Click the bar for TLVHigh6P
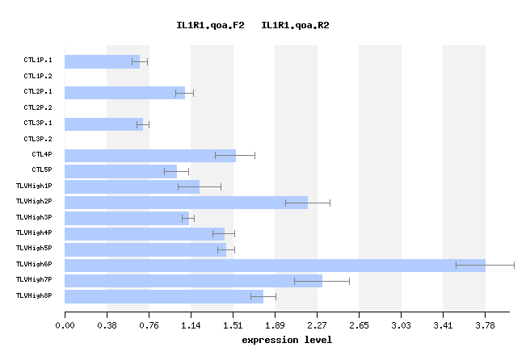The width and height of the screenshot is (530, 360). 275,265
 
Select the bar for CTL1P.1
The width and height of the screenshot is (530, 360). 102,61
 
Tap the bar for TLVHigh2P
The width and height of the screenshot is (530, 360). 186,202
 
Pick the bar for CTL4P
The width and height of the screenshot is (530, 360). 150,155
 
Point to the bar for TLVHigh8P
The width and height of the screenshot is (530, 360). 164,296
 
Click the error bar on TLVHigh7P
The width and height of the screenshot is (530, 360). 322,281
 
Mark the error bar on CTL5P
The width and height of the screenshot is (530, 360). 176,171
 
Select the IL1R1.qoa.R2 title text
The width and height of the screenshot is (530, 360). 295,26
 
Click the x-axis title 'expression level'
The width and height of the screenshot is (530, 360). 287,340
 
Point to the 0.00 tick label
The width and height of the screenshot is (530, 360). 65,325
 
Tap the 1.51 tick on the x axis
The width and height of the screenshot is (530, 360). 233,325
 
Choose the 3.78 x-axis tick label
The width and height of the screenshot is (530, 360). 485,325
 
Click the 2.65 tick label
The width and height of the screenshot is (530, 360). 359,325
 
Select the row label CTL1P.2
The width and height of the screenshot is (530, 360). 38,76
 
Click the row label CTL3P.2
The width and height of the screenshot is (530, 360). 38,139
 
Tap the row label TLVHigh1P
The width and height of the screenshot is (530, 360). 34,186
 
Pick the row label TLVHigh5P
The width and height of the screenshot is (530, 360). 34,249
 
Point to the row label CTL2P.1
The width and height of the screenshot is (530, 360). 38,92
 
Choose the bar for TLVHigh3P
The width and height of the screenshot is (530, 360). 127,218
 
